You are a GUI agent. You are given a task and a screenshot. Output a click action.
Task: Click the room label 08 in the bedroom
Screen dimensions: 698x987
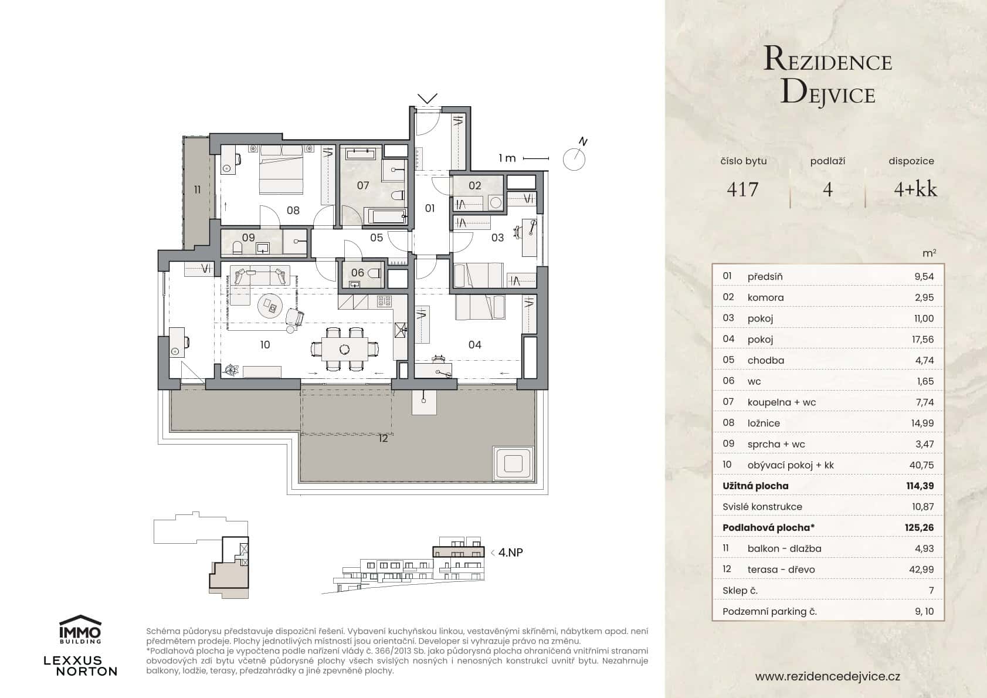coord(293,210)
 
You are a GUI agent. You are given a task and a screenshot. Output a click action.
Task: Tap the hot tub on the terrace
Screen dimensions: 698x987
coord(513,462)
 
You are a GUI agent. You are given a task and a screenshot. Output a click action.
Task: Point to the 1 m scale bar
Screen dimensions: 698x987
coord(535,158)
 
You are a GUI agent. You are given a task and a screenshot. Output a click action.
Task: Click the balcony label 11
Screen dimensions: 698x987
coord(198,189)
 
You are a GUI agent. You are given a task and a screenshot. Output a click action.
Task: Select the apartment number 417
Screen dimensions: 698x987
coord(742,189)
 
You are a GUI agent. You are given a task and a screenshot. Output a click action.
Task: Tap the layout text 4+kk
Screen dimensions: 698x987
coord(915,189)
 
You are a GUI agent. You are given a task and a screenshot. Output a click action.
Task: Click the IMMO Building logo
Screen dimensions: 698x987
coord(80,629)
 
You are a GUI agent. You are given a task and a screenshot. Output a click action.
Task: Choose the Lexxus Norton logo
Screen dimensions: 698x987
coord(80,666)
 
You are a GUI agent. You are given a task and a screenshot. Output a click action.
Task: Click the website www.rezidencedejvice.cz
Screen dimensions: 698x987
coord(827,676)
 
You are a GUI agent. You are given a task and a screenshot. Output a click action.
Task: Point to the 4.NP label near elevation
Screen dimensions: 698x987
coord(510,552)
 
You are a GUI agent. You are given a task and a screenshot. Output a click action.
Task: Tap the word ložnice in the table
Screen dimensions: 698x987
coord(763,423)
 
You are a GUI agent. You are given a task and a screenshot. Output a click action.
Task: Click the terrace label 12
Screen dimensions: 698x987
coord(383,438)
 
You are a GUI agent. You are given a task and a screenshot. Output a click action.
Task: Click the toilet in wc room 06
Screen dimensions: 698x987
coord(374,272)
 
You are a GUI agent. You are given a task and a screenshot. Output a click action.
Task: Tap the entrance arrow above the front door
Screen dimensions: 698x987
coord(427,98)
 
